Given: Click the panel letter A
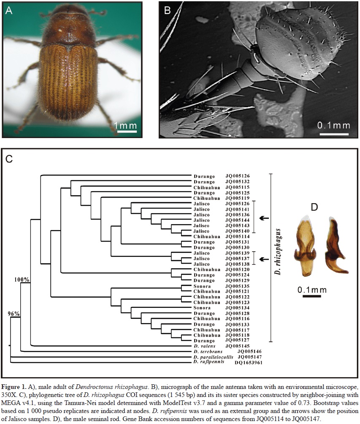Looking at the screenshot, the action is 9,11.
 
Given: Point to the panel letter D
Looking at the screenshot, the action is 314,207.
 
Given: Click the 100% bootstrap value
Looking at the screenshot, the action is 22,279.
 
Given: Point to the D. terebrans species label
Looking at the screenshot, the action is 208,351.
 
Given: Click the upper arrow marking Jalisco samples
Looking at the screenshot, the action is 264,218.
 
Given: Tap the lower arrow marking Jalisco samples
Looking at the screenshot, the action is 264,259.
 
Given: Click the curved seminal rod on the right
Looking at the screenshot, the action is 336,247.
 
